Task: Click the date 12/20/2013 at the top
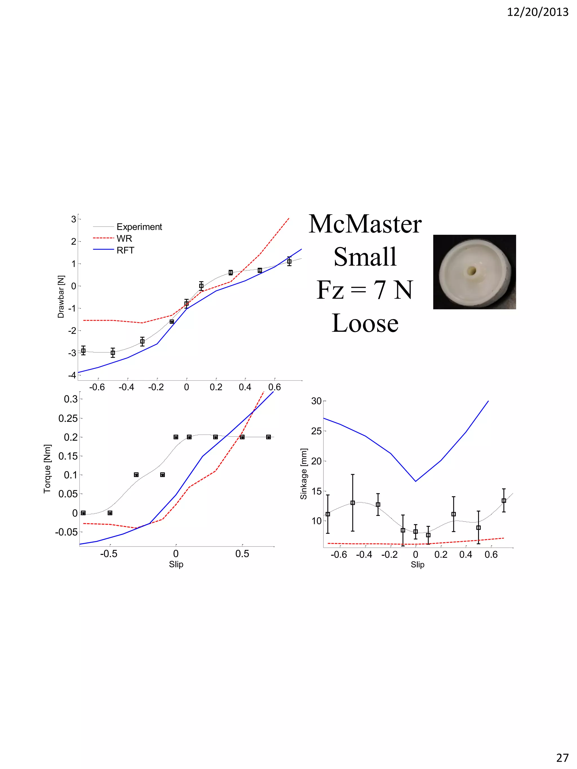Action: (537, 12)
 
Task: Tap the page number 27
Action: (562, 757)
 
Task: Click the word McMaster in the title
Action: (365, 224)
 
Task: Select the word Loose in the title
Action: (365, 323)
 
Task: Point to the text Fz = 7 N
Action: (365, 290)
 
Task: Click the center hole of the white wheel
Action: (472, 271)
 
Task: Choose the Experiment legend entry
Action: (139, 227)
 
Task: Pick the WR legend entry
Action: (124, 238)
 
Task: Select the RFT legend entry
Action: (125, 250)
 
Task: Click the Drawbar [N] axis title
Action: (61, 297)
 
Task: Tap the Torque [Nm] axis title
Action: (47, 469)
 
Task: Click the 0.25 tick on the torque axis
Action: (68, 418)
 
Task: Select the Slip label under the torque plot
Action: (176, 564)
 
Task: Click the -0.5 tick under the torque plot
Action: (108, 554)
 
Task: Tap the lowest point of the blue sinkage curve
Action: (415, 481)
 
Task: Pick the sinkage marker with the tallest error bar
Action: (352, 503)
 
